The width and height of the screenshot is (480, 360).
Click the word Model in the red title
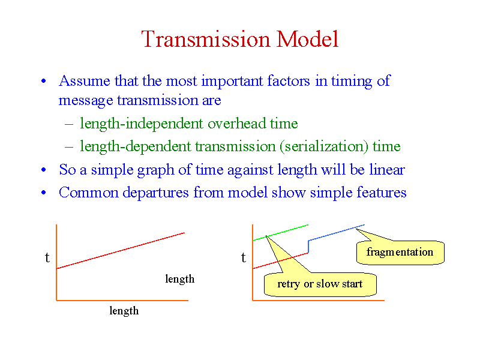click(307, 39)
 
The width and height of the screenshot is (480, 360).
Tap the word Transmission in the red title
click(206, 39)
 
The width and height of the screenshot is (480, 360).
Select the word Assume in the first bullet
click(85, 81)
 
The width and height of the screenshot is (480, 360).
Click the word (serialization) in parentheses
click(323, 146)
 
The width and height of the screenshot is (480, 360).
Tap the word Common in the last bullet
click(89, 193)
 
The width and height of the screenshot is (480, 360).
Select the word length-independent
click(142, 124)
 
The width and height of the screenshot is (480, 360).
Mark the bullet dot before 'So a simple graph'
click(44, 170)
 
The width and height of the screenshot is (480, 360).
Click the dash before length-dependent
click(69, 147)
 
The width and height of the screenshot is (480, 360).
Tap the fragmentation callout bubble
click(400, 252)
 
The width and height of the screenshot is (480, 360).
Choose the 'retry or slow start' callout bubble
click(320, 284)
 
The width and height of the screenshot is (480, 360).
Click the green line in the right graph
click(280, 233)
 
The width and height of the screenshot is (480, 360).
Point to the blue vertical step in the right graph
click(308, 247)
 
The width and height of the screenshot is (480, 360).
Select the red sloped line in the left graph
click(121, 251)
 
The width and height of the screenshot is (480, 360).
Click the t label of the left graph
click(47, 257)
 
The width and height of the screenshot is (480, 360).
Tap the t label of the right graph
click(244, 257)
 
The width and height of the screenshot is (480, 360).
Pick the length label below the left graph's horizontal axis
click(124, 311)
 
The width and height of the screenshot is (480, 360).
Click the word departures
click(155, 193)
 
